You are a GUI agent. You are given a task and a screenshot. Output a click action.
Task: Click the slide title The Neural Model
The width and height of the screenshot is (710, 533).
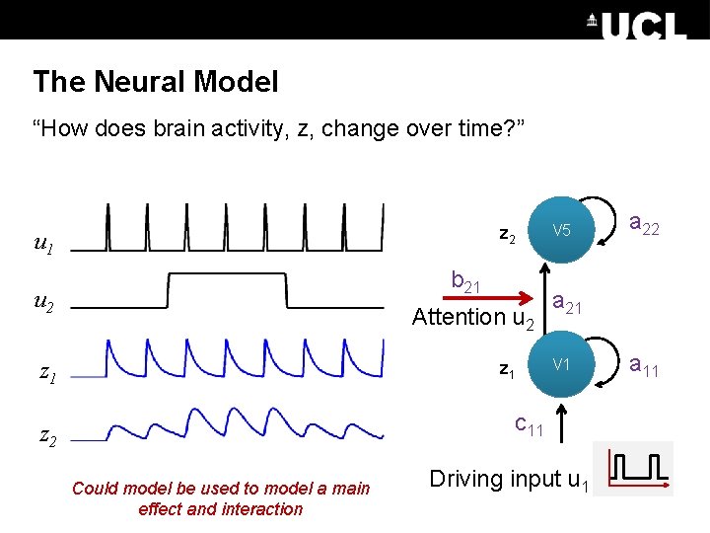[155, 82]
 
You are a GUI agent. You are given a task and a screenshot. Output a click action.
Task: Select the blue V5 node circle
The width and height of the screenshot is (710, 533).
[561, 231]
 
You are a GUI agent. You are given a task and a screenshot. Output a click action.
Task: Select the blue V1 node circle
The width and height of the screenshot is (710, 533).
[561, 365]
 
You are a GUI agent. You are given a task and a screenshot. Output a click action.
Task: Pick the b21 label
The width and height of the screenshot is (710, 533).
[465, 281]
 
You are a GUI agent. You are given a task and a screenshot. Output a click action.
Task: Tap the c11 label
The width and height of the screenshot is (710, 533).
[529, 424]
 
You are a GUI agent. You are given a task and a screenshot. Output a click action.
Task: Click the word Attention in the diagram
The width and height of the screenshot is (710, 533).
[459, 317]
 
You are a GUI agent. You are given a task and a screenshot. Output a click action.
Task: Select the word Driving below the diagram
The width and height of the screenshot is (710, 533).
[465, 480]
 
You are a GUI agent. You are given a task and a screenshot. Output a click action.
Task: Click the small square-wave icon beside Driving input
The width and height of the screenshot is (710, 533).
[639, 469]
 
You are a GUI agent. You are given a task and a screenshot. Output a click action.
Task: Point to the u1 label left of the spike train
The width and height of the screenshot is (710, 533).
[43, 243]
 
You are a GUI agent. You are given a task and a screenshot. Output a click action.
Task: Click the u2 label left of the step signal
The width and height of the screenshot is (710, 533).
[43, 302]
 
